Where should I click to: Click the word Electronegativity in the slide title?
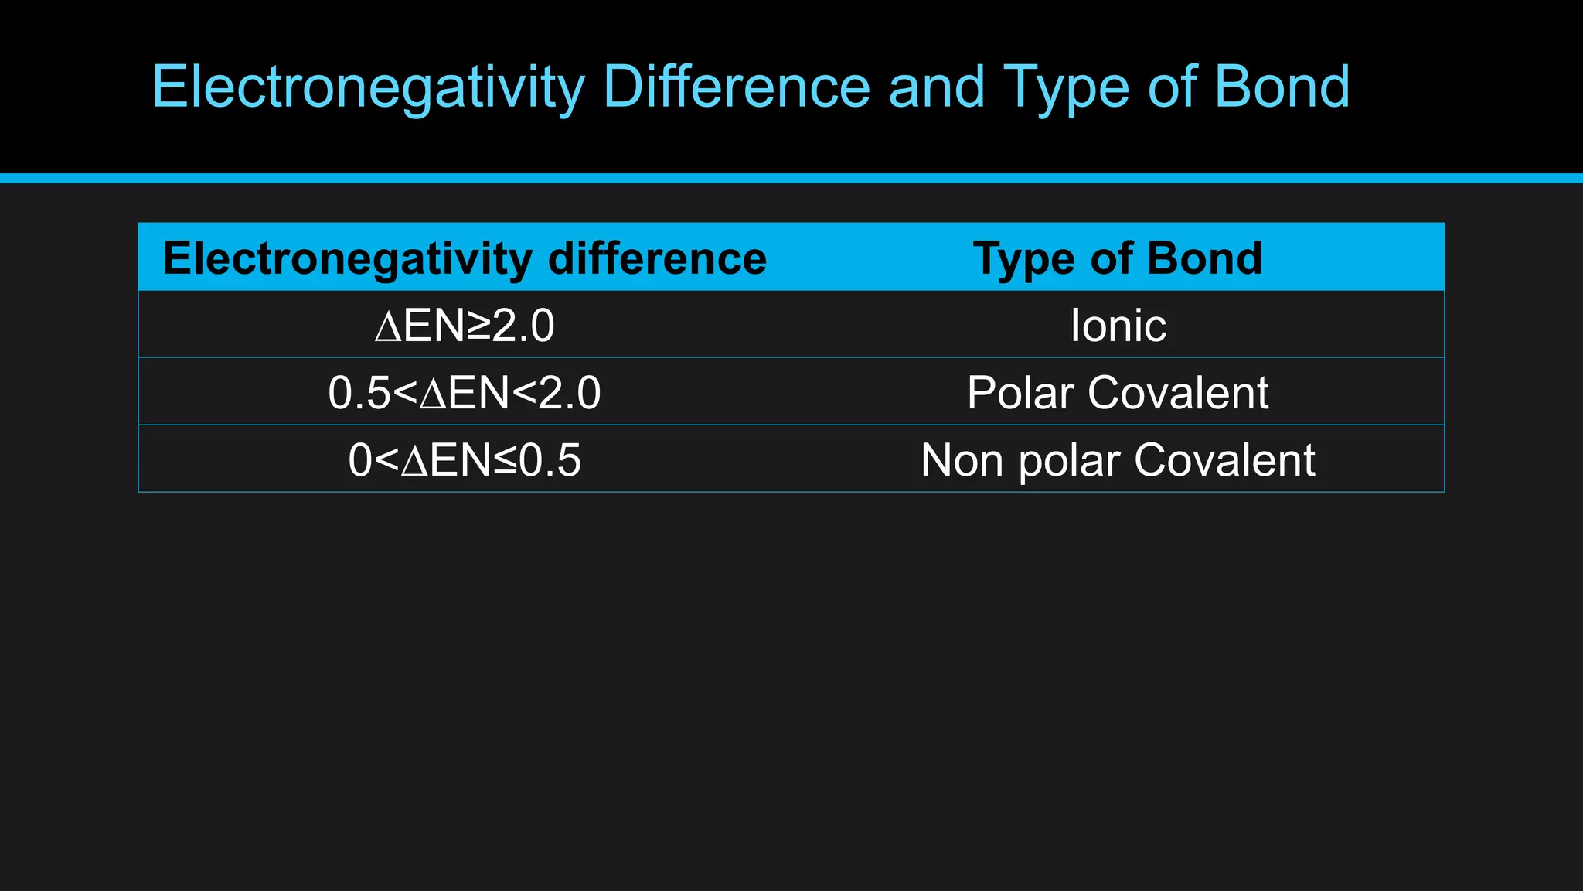(x=368, y=87)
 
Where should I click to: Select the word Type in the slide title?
(x=1067, y=87)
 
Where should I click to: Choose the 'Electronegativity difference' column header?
(x=465, y=258)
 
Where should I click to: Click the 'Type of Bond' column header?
(x=1118, y=258)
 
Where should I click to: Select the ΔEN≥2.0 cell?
(x=465, y=325)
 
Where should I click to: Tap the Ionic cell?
(x=1118, y=325)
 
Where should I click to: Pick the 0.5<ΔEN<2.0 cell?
(x=465, y=392)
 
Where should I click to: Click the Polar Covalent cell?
(x=1118, y=392)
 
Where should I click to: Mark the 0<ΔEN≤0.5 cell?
(x=465, y=459)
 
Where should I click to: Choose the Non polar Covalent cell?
(x=1118, y=459)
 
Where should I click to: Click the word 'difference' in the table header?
(x=657, y=258)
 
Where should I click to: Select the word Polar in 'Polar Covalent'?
(x=1020, y=392)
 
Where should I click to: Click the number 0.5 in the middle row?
(x=359, y=392)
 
